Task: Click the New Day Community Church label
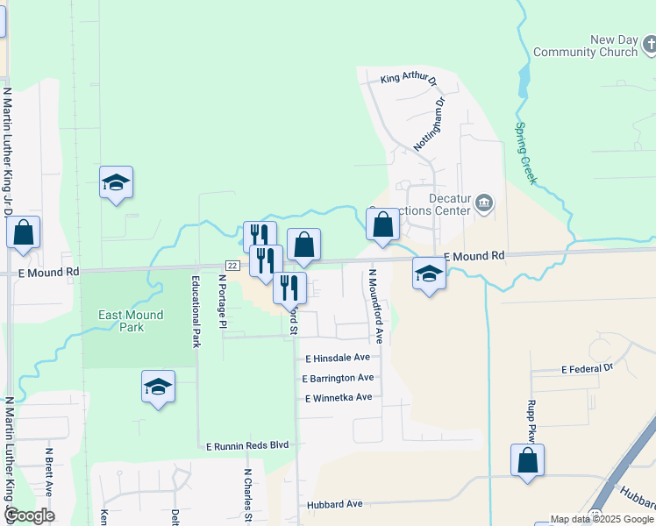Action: (613, 46)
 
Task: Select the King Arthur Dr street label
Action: (407, 80)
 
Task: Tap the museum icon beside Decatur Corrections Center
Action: (483, 205)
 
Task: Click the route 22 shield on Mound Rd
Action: (232, 265)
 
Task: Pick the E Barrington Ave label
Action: (338, 378)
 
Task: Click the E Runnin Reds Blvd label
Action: (247, 445)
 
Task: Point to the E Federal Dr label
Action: (587, 370)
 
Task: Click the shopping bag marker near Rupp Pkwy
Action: (527, 460)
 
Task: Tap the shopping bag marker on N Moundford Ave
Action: (383, 225)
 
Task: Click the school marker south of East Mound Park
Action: (158, 387)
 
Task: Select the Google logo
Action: (28, 515)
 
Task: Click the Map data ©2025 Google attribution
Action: (601, 519)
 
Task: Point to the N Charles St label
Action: (248, 496)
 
